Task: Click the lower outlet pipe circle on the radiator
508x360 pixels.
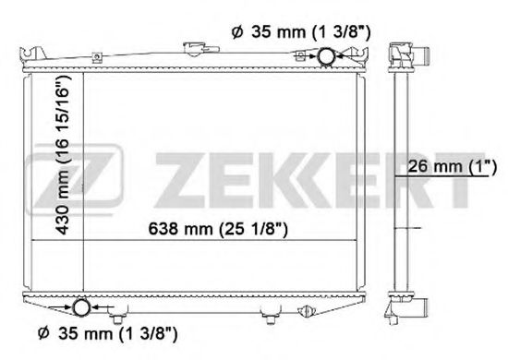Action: point(80,308)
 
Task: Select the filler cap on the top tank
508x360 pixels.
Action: point(194,48)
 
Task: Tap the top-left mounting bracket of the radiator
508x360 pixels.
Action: point(35,51)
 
